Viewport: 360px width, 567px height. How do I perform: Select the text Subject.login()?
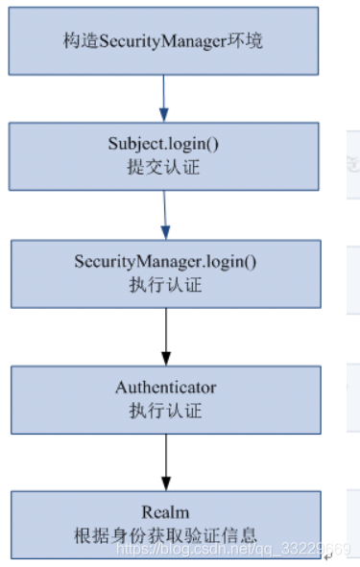pyautogui.click(x=165, y=144)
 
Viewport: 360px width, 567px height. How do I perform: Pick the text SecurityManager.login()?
pyautogui.click(x=166, y=262)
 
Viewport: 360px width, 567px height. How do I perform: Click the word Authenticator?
pyautogui.click(x=166, y=388)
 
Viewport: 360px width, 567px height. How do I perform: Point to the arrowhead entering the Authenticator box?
pyautogui.click(x=166, y=359)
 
